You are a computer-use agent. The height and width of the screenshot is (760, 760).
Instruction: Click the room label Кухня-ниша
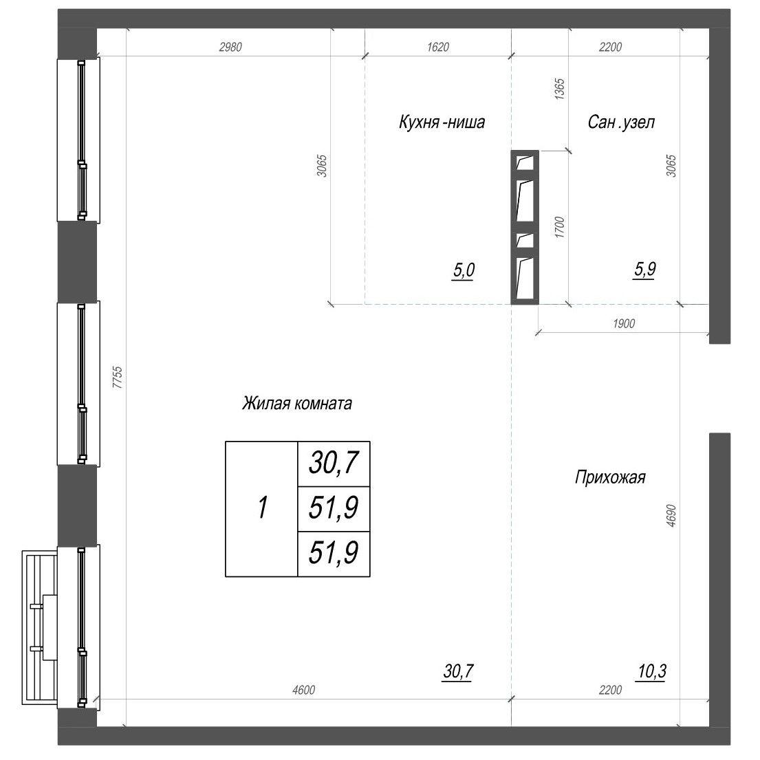442,122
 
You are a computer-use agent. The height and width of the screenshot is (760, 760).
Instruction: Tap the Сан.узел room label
621,122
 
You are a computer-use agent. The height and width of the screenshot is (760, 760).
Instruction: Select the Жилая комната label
296,403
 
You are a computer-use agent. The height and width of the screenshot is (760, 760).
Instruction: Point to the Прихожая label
610,477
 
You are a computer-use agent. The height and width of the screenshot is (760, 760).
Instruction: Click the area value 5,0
464,270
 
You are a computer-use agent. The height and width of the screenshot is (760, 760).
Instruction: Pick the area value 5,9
645,269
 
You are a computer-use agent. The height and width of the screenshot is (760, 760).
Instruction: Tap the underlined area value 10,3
652,671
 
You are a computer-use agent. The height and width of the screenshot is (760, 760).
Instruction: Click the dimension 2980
230,47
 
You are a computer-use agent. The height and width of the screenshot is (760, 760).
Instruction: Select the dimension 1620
437,47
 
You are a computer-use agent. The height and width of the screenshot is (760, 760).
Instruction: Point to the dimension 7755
118,377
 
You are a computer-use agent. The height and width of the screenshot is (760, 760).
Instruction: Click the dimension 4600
303,690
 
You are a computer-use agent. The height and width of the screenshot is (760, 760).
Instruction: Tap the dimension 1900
623,323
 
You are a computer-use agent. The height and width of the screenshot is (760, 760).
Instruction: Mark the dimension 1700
559,227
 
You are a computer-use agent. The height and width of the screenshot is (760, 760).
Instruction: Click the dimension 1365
559,89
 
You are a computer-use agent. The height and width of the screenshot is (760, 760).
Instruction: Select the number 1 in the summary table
262,508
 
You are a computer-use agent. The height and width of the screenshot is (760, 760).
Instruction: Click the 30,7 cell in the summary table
334,463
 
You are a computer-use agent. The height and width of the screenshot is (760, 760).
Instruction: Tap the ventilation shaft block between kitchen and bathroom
525,228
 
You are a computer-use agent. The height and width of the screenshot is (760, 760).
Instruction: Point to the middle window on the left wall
79,383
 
